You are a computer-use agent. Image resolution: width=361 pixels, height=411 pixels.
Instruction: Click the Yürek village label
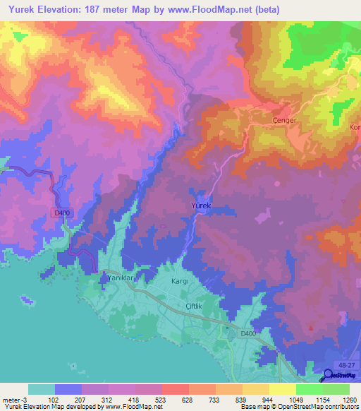pyautogui.click(x=202, y=205)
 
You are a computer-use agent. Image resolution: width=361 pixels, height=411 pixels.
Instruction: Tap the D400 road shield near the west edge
pyautogui.click(x=62, y=213)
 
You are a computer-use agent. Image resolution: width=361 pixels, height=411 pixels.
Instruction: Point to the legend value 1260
pyautogui.click(x=349, y=399)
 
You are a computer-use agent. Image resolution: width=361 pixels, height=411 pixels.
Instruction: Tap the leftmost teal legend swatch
pyautogui.click(x=42, y=389)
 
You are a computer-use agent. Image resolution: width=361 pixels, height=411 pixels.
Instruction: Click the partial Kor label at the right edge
pyautogui.click(x=355, y=127)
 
